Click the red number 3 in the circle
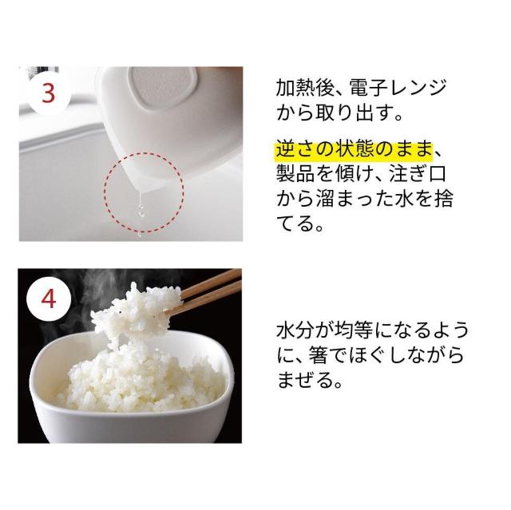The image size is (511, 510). (49, 93)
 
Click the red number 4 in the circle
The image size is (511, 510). (49, 299)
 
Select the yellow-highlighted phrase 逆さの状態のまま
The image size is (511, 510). (355, 151)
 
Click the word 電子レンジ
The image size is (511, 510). (398, 88)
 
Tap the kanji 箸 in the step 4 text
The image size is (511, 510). (318, 354)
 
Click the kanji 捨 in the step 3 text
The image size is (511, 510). (444, 199)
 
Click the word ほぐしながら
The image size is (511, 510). (406, 354)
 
